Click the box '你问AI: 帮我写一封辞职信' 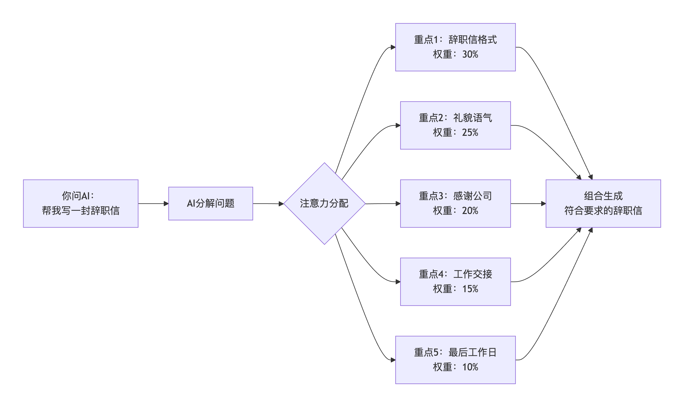81,204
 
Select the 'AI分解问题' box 210,204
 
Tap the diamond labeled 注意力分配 324,204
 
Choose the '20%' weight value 470,211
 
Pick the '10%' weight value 470,367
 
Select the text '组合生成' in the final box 603,196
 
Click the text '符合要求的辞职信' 603,211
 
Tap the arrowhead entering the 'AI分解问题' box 166,204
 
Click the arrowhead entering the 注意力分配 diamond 281,204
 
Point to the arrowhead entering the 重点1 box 393,47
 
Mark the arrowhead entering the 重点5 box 393,360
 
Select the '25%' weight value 470,133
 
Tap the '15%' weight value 470,289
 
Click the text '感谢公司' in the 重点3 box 472,196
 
